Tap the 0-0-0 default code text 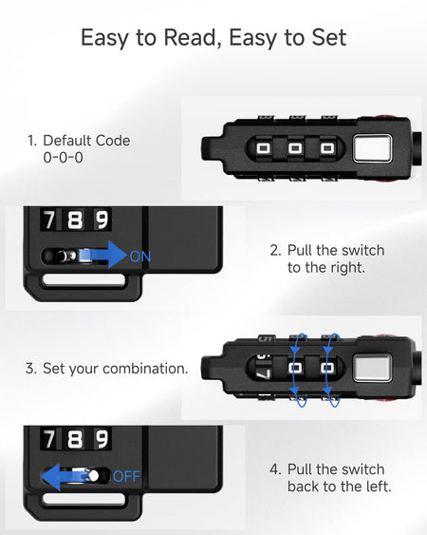coord(63,158)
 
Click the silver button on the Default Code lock coord(372,147)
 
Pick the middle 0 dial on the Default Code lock coord(295,148)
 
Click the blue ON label coord(140,257)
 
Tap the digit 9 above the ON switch coord(102,220)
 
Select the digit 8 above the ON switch coord(75,220)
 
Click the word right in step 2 coord(348,268)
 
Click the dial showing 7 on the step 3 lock coord(263,368)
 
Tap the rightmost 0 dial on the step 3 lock coord(327,368)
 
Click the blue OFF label coord(126,476)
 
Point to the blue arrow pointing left coord(64,476)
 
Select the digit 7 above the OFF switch coord(48,439)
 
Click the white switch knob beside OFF coord(93,476)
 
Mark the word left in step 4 coord(379,487)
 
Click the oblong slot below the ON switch coord(84,279)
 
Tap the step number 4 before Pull coord(274,469)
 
